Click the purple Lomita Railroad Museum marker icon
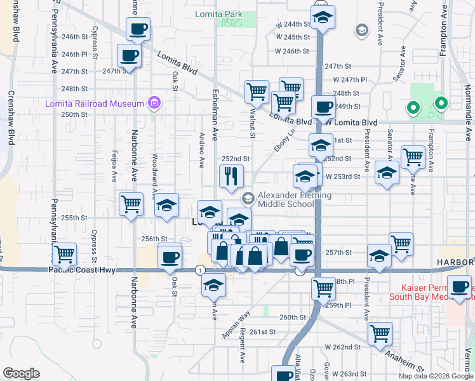click(153, 102)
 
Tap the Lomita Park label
click(220, 13)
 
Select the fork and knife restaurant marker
click(231, 175)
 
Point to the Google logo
click(21, 373)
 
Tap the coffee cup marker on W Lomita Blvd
click(323, 107)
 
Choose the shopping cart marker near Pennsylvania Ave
click(64, 255)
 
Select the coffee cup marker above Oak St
click(170, 257)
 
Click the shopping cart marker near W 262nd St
click(380, 333)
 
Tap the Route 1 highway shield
click(201, 270)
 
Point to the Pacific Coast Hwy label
click(81, 270)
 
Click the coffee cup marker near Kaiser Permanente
click(460, 286)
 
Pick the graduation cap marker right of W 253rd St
click(387, 172)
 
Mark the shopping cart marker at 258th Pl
click(323, 288)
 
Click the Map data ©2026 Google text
click(435, 376)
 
